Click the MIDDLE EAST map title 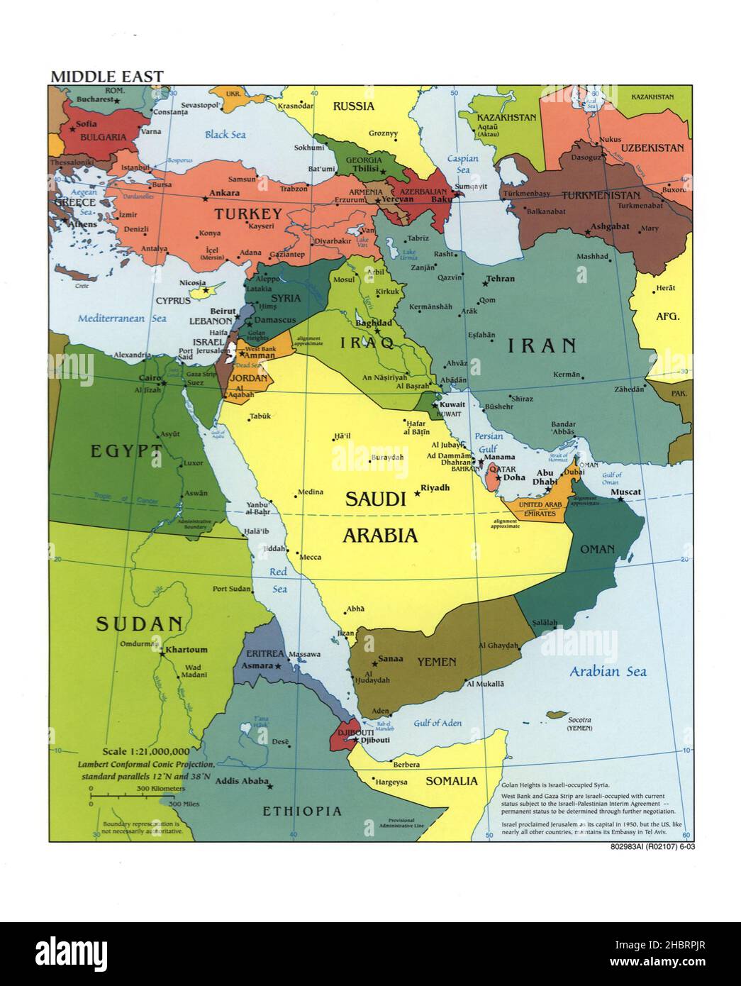106,76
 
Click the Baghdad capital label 373,322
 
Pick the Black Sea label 225,134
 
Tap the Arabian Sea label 608,671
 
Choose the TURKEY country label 248,214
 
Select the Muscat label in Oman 625,492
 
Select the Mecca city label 311,557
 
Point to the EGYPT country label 126,450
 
